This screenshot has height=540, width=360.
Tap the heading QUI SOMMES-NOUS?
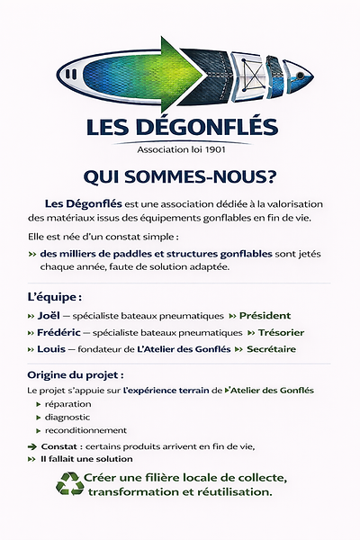[179, 174]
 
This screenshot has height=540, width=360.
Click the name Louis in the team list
[54, 348]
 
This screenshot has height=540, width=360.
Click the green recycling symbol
[69, 484]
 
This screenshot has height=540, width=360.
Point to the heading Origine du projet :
[76, 374]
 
